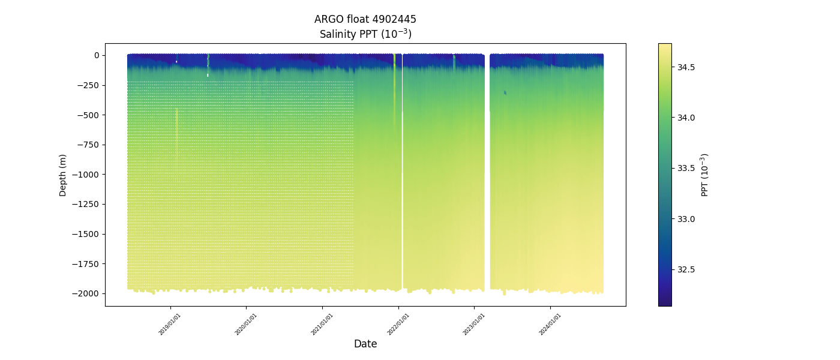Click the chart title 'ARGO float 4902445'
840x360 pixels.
pos(365,19)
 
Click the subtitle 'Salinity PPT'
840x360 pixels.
pos(365,34)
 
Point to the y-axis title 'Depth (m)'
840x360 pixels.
pos(63,175)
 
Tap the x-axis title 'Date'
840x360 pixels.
pos(365,344)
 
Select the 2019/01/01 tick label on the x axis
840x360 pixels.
pos(170,323)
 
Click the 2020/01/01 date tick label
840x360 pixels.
pos(247,323)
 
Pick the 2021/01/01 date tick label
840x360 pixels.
pos(323,323)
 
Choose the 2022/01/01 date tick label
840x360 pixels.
pos(399,323)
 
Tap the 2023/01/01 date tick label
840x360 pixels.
pos(475,323)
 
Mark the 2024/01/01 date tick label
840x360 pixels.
pos(551,323)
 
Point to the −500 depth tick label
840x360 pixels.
pos(89,115)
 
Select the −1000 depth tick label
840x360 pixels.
pos(88,175)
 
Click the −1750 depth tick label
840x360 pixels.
pos(88,264)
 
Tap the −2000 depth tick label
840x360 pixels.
pos(88,293)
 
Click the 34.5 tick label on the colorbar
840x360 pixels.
pos(686,67)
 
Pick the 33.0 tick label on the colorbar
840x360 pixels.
pos(686,219)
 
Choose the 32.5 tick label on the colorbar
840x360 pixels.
pos(686,269)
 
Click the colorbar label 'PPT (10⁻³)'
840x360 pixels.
pos(705,175)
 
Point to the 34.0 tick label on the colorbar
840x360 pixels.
pos(686,118)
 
